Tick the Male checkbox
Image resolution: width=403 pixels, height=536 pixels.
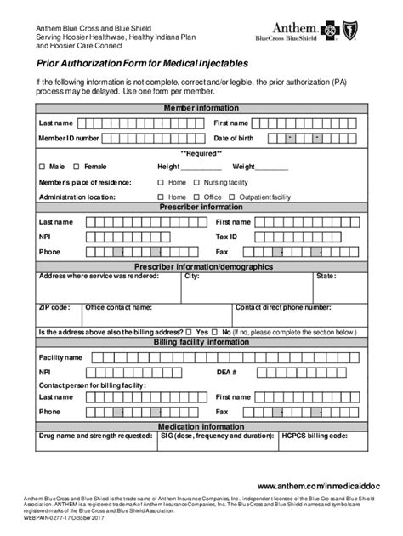tap(43, 167)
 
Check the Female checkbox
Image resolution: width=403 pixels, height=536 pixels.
tap(77, 167)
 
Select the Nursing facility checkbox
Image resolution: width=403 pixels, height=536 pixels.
tap(197, 182)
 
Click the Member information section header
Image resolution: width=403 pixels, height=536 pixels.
tap(201, 109)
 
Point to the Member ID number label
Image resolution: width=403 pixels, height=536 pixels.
tap(69, 138)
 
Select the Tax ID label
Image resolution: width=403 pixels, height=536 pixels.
tap(226, 237)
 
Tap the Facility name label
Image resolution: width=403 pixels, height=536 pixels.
tap(60, 357)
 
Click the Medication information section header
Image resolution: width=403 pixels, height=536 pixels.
tap(201, 425)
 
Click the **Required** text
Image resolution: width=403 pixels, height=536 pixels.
tap(201, 153)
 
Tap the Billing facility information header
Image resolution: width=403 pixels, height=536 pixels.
tap(201, 343)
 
